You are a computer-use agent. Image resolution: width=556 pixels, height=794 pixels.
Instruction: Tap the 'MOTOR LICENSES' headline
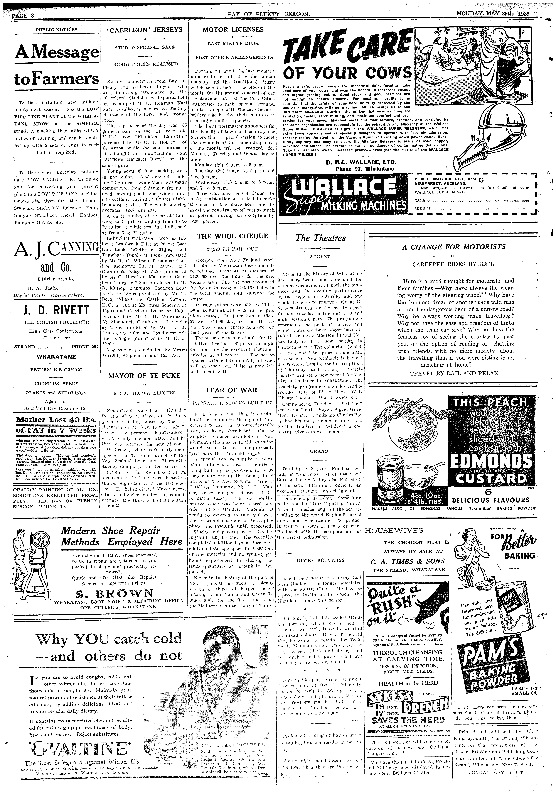pos(233,30)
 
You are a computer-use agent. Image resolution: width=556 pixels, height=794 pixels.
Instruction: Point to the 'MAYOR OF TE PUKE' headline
pos(145,376)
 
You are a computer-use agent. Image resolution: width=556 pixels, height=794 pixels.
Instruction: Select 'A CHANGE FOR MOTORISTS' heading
pos(453,247)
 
